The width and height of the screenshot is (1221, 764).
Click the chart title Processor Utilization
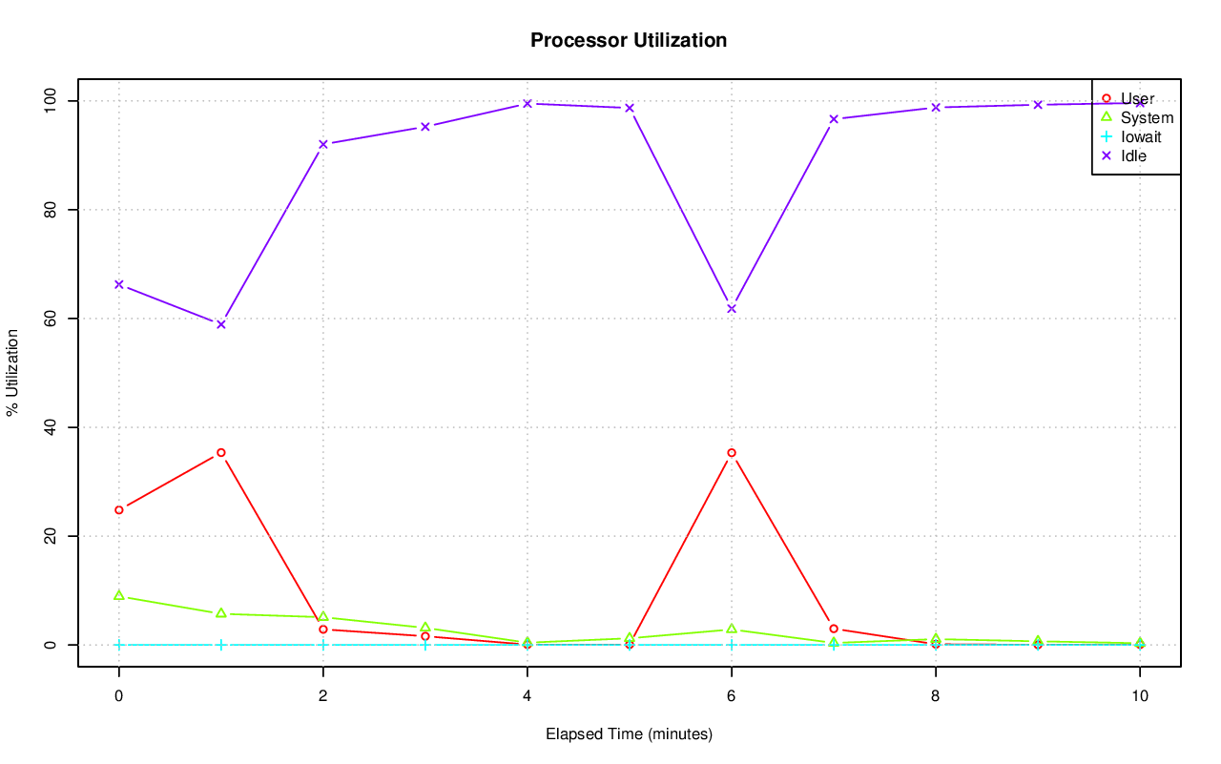pyautogui.click(x=629, y=41)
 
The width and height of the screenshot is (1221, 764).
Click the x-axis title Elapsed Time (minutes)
pyautogui.click(x=629, y=734)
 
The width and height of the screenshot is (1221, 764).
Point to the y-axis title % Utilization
pyautogui.click(x=13, y=372)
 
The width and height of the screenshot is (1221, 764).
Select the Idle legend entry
pyautogui.click(x=1133, y=155)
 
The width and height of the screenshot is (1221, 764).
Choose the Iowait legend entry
pyautogui.click(x=1140, y=136)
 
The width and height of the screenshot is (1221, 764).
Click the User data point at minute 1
pyautogui.click(x=221, y=452)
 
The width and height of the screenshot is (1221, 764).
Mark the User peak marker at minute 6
pyautogui.click(x=732, y=452)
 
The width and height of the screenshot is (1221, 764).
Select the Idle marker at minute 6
pyautogui.click(x=732, y=308)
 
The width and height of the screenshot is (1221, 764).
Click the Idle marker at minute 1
pyautogui.click(x=221, y=324)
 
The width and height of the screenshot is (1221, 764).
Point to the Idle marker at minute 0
pyautogui.click(x=119, y=284)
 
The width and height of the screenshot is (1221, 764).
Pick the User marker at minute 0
pyautogui.click(x=119, y=509)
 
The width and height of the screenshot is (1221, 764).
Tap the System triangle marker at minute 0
pyautogui.click(x=119, y=595)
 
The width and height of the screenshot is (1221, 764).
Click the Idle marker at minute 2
pyautogui.click(x=323, y=144)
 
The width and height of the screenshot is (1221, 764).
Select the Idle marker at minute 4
pyautogui.click(x=528, y=103)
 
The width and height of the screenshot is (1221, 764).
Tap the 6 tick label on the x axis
pyautogui.click(x=732, y=696)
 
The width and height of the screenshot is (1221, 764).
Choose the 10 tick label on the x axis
pyautogui.click(x=1139, y=696)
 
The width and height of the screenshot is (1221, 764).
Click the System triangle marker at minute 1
pyautogui.click(x=221, y=613)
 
